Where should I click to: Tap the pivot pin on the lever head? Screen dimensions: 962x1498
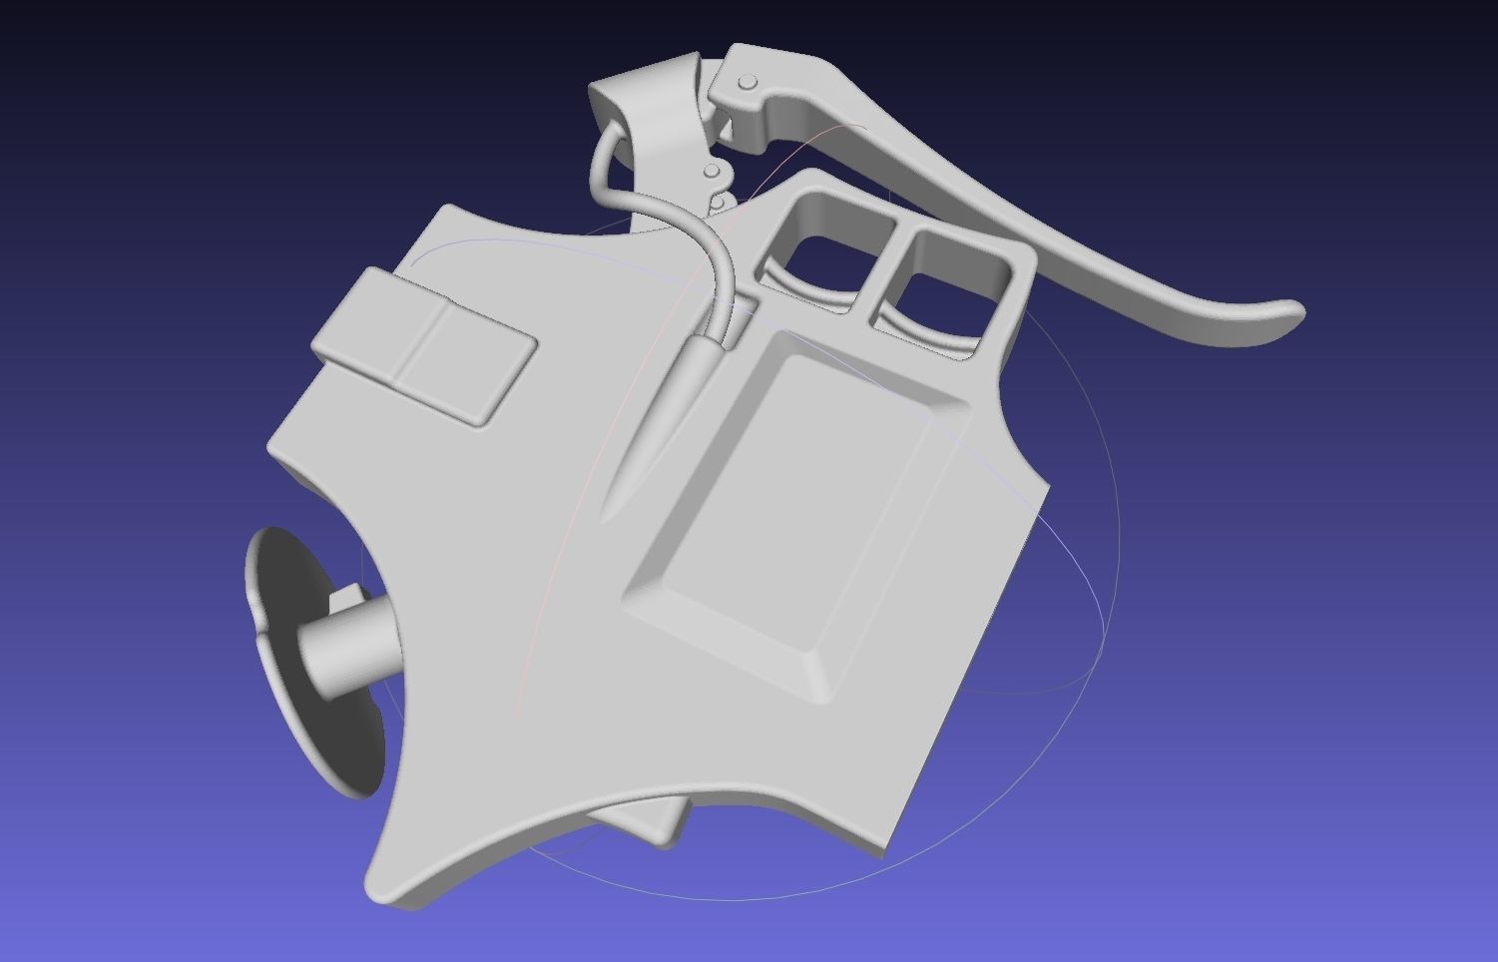747,82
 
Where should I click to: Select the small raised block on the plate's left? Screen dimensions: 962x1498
424,344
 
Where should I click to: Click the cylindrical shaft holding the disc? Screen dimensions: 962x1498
349,649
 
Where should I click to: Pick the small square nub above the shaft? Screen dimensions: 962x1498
346,600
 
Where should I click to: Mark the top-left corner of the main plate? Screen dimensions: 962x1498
447,210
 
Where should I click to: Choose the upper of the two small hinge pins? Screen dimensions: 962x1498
712,172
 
